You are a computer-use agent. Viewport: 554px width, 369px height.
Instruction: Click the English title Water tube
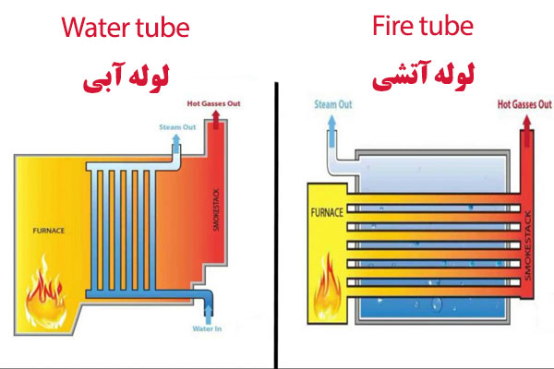[126, 28]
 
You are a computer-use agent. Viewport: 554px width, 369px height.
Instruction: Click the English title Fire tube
[423, 26]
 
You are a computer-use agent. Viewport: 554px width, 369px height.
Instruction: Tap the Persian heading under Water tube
[126, 77]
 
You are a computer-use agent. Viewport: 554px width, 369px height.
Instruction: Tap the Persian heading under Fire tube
[423, 76]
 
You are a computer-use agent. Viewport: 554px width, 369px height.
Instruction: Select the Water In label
[207, 328]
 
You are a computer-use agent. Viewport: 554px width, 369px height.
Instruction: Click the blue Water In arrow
[209, 315]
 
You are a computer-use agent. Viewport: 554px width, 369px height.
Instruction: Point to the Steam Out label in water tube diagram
[177, 127]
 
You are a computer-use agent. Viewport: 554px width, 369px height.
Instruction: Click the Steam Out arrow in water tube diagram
[176, 143]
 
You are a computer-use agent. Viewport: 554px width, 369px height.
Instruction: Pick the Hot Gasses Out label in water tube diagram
[214, 103]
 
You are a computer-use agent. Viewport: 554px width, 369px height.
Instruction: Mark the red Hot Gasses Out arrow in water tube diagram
[216, 119]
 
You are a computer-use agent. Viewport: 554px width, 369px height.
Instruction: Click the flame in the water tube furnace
[45, 293]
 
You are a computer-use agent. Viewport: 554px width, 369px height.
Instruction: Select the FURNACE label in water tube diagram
[49, 231]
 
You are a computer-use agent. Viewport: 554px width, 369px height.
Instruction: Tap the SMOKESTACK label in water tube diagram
[217, 209]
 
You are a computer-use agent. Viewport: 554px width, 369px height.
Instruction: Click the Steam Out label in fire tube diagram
[333, 104]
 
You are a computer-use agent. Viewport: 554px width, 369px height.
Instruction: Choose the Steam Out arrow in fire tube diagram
[331, 131]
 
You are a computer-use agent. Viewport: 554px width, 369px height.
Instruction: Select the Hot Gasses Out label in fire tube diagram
[524, 104]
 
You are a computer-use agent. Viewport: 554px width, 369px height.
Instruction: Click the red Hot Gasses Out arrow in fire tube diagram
[527, 131]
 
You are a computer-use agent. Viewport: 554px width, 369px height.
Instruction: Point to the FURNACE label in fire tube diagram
[327, 212]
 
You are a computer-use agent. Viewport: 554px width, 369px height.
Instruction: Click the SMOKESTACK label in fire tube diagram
[528, 245]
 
